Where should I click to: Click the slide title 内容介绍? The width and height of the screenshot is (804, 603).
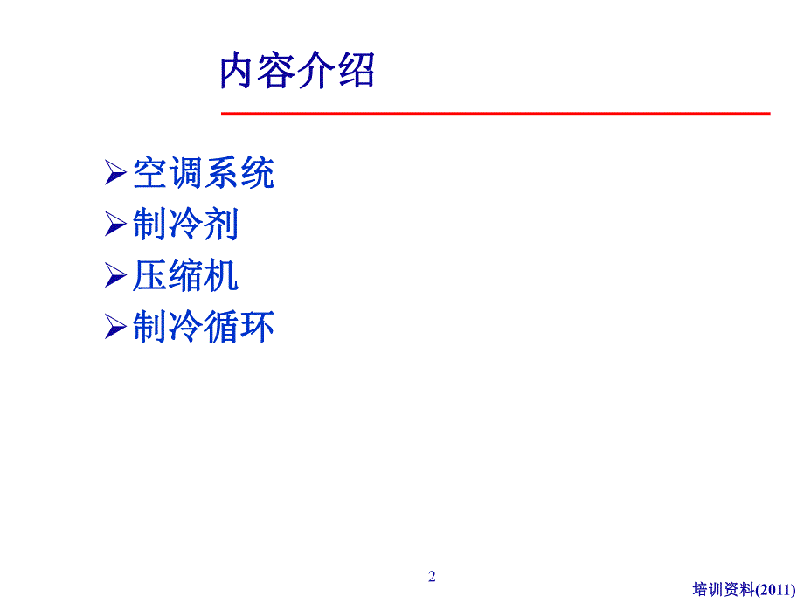click(x=297, y=72)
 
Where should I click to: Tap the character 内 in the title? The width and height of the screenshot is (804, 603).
click(x=239, y=72)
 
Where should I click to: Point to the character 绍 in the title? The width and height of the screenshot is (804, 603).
click(x=356, y=72)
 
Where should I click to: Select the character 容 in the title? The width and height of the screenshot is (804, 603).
click(x=278, y=72)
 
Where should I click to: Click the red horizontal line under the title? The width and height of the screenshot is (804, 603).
click(x=495, y=114)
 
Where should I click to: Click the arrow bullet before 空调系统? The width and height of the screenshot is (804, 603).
click(x=115, y=173)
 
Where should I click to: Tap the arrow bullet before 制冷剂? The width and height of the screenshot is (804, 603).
click(x=115, y=225)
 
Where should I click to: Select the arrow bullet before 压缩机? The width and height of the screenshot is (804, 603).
click(x=115, y=276)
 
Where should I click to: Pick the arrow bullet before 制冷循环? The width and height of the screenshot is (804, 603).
click(x=115, y=328)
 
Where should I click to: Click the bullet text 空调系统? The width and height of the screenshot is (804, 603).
click(x=204, y=173)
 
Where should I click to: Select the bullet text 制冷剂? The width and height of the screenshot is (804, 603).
click(x=185, y=225)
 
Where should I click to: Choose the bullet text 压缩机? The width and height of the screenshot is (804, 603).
click(x=185, y=276)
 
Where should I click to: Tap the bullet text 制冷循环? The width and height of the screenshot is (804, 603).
click(x=204, y=328)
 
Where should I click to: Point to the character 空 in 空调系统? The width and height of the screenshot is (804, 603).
click(x=149, y=173)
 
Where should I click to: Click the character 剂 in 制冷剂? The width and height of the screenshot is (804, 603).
click(x=221, y=225)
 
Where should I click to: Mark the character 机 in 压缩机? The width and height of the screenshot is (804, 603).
click(x=221, y=276)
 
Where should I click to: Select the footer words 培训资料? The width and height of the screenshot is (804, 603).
click(x=722, y=589)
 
